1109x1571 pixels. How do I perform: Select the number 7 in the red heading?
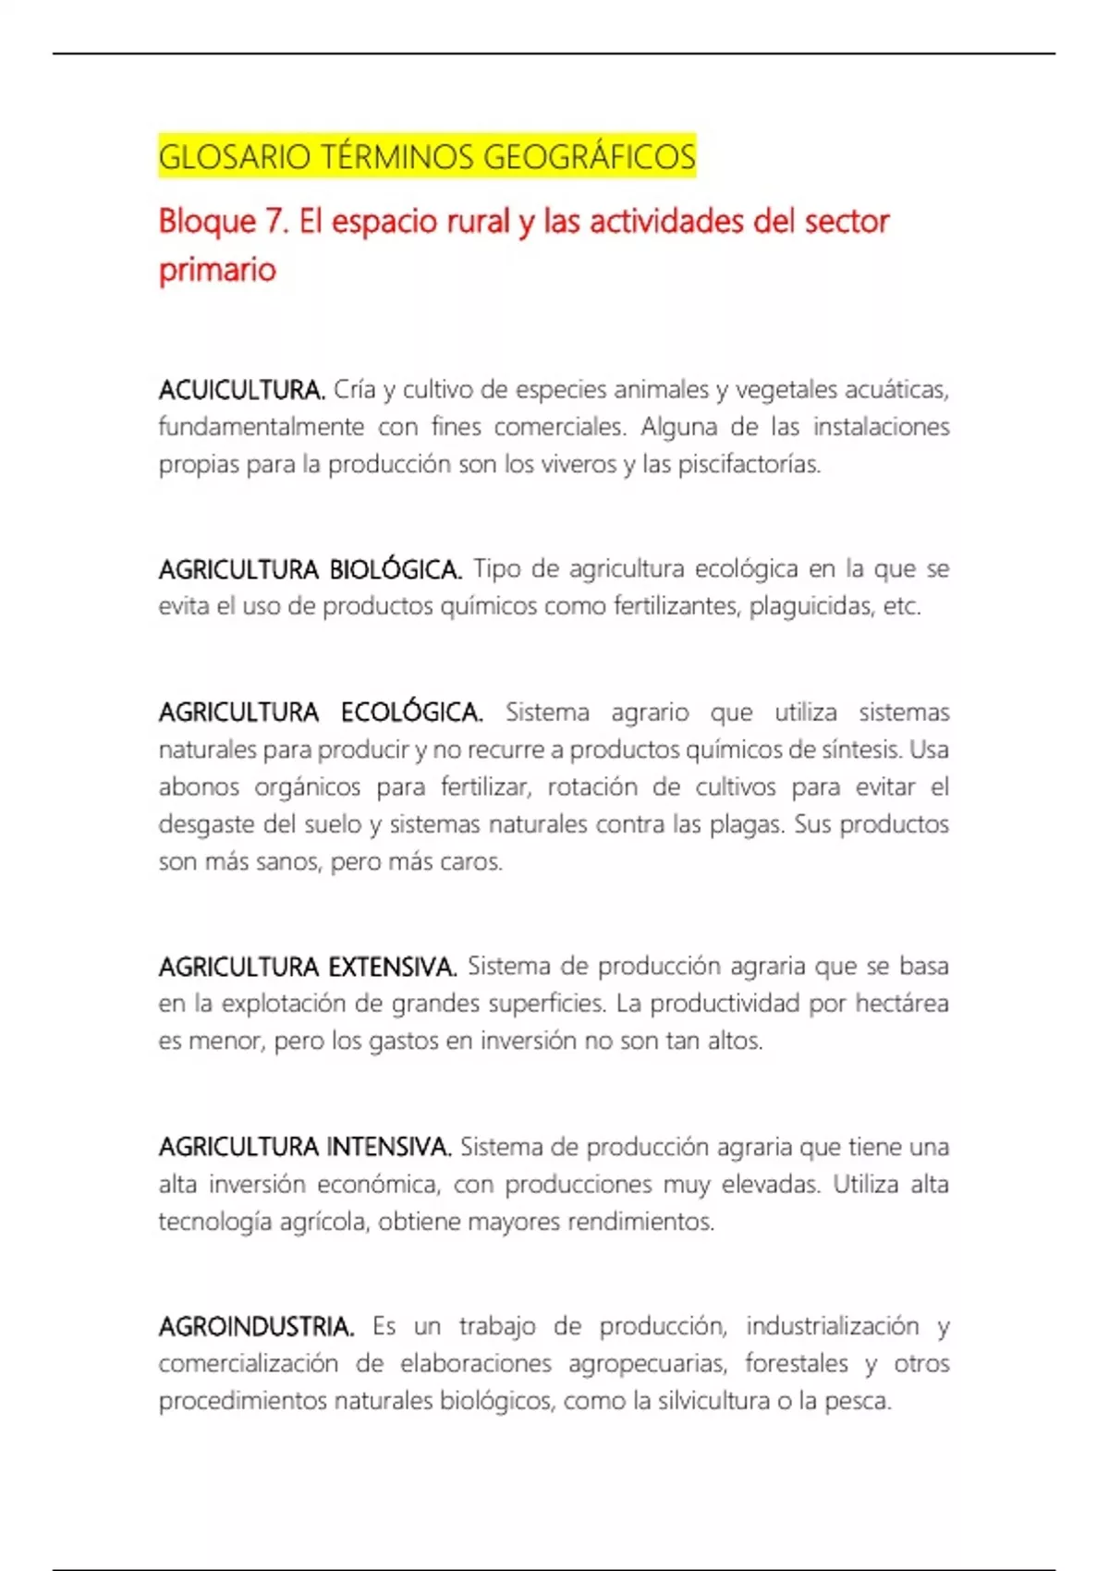272,222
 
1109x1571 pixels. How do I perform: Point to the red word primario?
217,270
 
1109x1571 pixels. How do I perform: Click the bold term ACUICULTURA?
241,390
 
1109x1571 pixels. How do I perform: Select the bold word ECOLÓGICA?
411,712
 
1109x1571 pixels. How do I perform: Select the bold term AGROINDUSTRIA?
256,1327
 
